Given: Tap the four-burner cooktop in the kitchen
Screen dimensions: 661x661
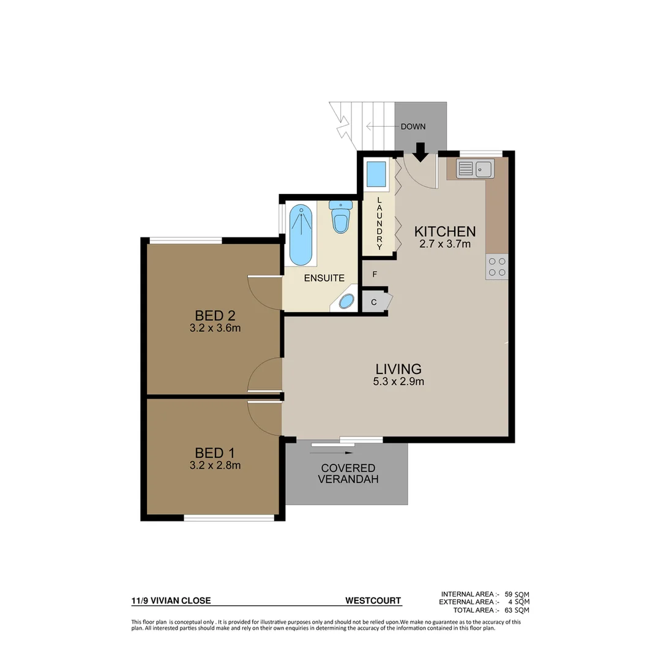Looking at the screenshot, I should click(x=497, y=266).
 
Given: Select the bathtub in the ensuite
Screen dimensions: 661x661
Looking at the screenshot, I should click(x=300, y=235).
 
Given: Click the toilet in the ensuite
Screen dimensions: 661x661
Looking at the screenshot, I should click(x=339, y=217).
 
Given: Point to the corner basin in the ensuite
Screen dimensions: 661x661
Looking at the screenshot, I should click(x=346, y=301).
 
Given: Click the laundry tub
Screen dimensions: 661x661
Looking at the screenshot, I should click(x=375, y=174).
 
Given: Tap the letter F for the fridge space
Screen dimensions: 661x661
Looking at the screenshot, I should click(x=375, y=274).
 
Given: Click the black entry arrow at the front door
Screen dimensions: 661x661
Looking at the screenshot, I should click(x=420, y=151).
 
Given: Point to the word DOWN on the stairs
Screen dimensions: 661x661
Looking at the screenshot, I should click(x=413, y=127).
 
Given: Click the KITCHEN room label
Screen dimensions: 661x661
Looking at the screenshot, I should click(x=445, y=231).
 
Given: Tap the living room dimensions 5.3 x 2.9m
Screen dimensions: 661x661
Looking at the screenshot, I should click(x=398, y=381).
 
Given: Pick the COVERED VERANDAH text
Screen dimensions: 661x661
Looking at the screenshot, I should click(x=348, y=473).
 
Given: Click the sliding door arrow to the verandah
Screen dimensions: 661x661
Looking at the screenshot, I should click(x=333, y=452).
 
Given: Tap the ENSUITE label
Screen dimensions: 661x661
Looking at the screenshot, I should click(x=324, y=278).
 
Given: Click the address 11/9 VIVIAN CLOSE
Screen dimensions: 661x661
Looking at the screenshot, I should click(x=171, y=600).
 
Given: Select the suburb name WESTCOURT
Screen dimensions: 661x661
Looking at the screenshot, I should click(x=373, y=600).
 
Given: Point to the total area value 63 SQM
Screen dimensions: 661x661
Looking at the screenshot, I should click(x=517, y=610).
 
